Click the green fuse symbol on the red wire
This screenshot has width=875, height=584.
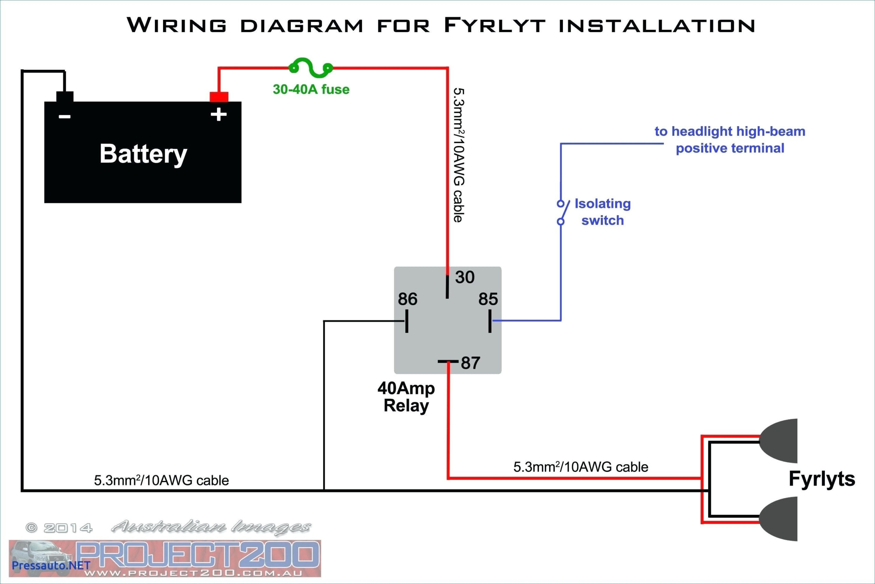311,68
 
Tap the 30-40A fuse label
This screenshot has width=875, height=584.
311,89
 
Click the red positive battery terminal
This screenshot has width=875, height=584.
219,97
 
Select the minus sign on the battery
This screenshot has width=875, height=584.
64,117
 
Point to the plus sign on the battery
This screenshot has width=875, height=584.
219,114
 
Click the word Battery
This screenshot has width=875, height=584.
143,154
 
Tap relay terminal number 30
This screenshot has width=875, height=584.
465,277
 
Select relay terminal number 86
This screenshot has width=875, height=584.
407,299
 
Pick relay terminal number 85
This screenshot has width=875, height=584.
488,299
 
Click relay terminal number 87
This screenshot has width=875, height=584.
470,363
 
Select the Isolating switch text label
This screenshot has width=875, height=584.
602,212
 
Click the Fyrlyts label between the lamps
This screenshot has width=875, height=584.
822,479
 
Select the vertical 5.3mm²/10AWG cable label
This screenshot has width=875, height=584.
459,155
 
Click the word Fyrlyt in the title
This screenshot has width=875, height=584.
495,25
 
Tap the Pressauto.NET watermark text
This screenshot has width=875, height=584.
51,565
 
